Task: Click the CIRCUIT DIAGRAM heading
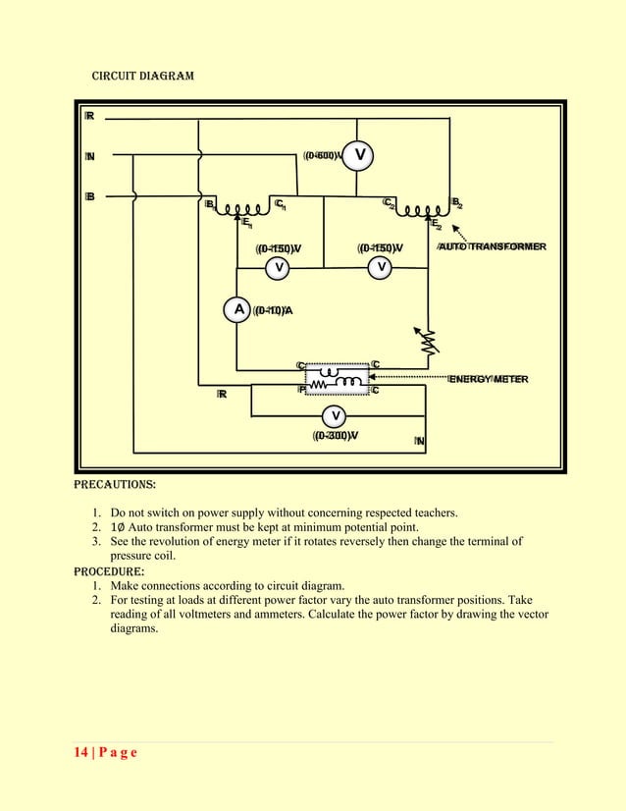click(142, 76)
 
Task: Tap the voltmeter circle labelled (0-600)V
click(359, 154)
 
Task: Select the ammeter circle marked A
click(236, 310)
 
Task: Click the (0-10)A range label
click(273, 311)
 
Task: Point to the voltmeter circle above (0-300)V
click(335, 414)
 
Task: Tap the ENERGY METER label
click(489, 379)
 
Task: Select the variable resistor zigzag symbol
click(429, 340)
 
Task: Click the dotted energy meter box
click(337, 377)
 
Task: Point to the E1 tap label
click(247, 225)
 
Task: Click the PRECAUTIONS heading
click(115, 485)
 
